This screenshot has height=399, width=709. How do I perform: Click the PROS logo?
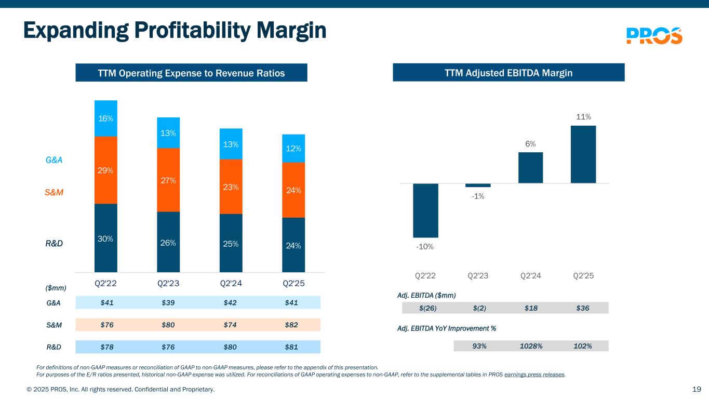[x=654, y=35]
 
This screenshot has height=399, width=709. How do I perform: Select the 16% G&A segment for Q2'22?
[x=106, y=118]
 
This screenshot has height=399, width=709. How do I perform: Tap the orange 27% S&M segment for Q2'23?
[x=168, y=180]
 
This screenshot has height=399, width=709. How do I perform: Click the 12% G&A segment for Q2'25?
[x=293, y=149]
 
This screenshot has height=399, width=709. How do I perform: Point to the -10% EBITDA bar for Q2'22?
[x=425, y=210]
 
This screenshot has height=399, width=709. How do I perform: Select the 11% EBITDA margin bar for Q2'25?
[x=583, y=154]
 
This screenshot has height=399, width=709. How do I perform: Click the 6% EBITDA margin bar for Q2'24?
[x=530, y=167]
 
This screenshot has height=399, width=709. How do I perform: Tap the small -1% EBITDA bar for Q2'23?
[x=478, y=185]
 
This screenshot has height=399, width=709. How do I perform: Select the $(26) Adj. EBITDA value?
[x=428, y=308]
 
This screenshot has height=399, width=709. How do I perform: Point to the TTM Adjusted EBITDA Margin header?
[x=509, y=73]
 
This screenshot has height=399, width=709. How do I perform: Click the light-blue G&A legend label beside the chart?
[x=54, y=160]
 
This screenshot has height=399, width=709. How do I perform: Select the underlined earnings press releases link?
[x=534, y=374]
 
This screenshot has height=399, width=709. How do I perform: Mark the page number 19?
[x=697, y=389]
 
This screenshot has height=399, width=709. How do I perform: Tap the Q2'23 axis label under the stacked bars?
[x=168, y=284]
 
